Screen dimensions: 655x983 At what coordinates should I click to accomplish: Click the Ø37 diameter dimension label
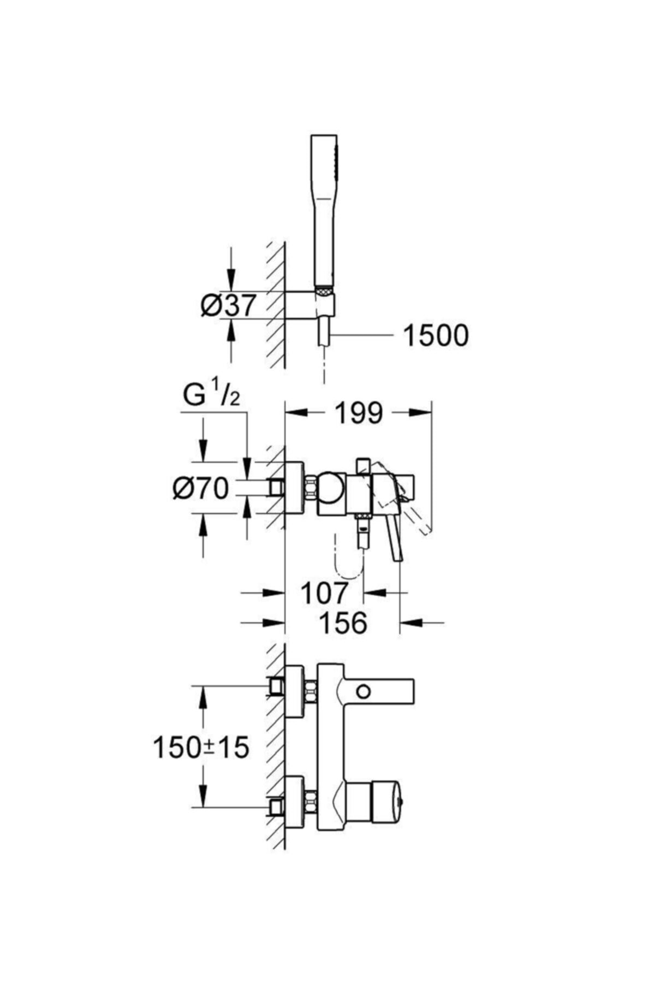coord(228,306)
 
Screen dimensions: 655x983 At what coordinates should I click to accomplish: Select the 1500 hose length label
coord(435,335)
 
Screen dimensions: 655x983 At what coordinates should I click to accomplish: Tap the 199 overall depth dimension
coord(359,413)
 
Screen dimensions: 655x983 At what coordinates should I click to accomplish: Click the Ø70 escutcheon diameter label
coord(200,488)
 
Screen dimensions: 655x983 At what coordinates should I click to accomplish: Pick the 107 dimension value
coord(324,593)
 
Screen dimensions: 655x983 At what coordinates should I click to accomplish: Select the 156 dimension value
coord(343,622)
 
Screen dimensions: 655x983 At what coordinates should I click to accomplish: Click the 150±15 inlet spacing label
coord(201,747)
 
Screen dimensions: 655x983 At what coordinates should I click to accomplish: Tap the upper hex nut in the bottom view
coord(311,691)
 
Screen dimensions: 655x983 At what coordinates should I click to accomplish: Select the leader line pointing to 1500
coord(364,335)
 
